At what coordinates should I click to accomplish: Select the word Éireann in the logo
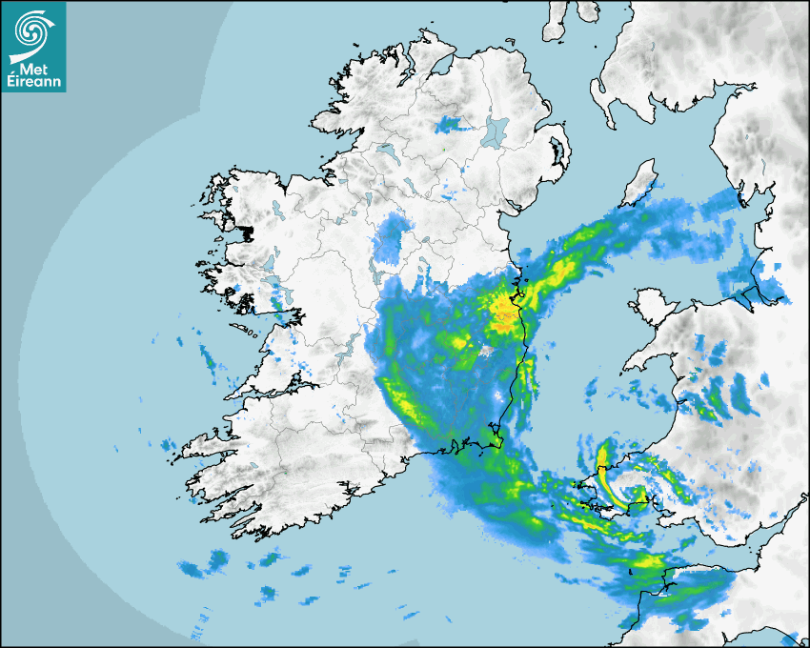click(34, 83)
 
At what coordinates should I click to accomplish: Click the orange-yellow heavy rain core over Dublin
click(503, 308)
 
